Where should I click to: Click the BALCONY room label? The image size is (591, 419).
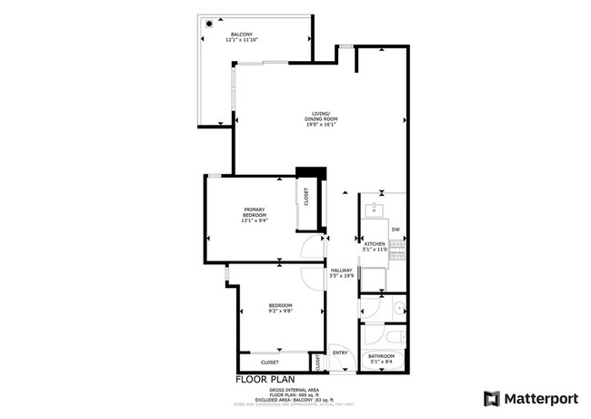coord(241,34)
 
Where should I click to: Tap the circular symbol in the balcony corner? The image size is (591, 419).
coord(208,25)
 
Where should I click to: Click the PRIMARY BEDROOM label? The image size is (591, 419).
coord(254,211)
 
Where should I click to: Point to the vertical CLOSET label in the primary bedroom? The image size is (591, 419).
coord(306,198)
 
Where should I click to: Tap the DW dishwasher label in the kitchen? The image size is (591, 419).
coord(396,229)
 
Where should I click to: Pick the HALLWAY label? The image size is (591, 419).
coord(341,270)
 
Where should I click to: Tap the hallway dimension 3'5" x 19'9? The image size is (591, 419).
coord(341,276)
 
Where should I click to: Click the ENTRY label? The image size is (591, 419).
coord(340,353)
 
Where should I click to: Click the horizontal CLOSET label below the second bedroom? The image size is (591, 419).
coord(270,363)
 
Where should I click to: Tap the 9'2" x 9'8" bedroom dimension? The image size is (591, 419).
coord(280,311)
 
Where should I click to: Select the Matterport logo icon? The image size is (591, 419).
coord(492,398)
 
